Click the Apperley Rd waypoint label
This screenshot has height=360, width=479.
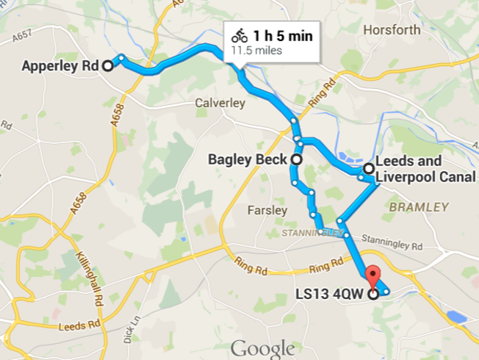click(60, 65)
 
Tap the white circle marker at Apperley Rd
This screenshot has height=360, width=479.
click(107, 65)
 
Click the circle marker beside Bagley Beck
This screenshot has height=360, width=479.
click(297, 159)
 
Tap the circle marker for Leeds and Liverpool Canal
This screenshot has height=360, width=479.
click(368, 168)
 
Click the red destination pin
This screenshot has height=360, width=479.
click(375, 280)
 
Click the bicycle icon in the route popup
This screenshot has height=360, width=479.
click(239, 36)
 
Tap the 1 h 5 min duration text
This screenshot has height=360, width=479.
click(283, 36)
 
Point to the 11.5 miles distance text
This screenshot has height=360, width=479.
click(256, 51)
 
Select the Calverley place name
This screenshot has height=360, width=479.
click(220, 104)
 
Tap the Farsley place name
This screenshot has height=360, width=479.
click(267, 210)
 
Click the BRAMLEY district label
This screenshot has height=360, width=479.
click(418, 207)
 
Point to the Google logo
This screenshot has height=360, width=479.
click(262, 348)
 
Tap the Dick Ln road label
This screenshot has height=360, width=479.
click(137, 323)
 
